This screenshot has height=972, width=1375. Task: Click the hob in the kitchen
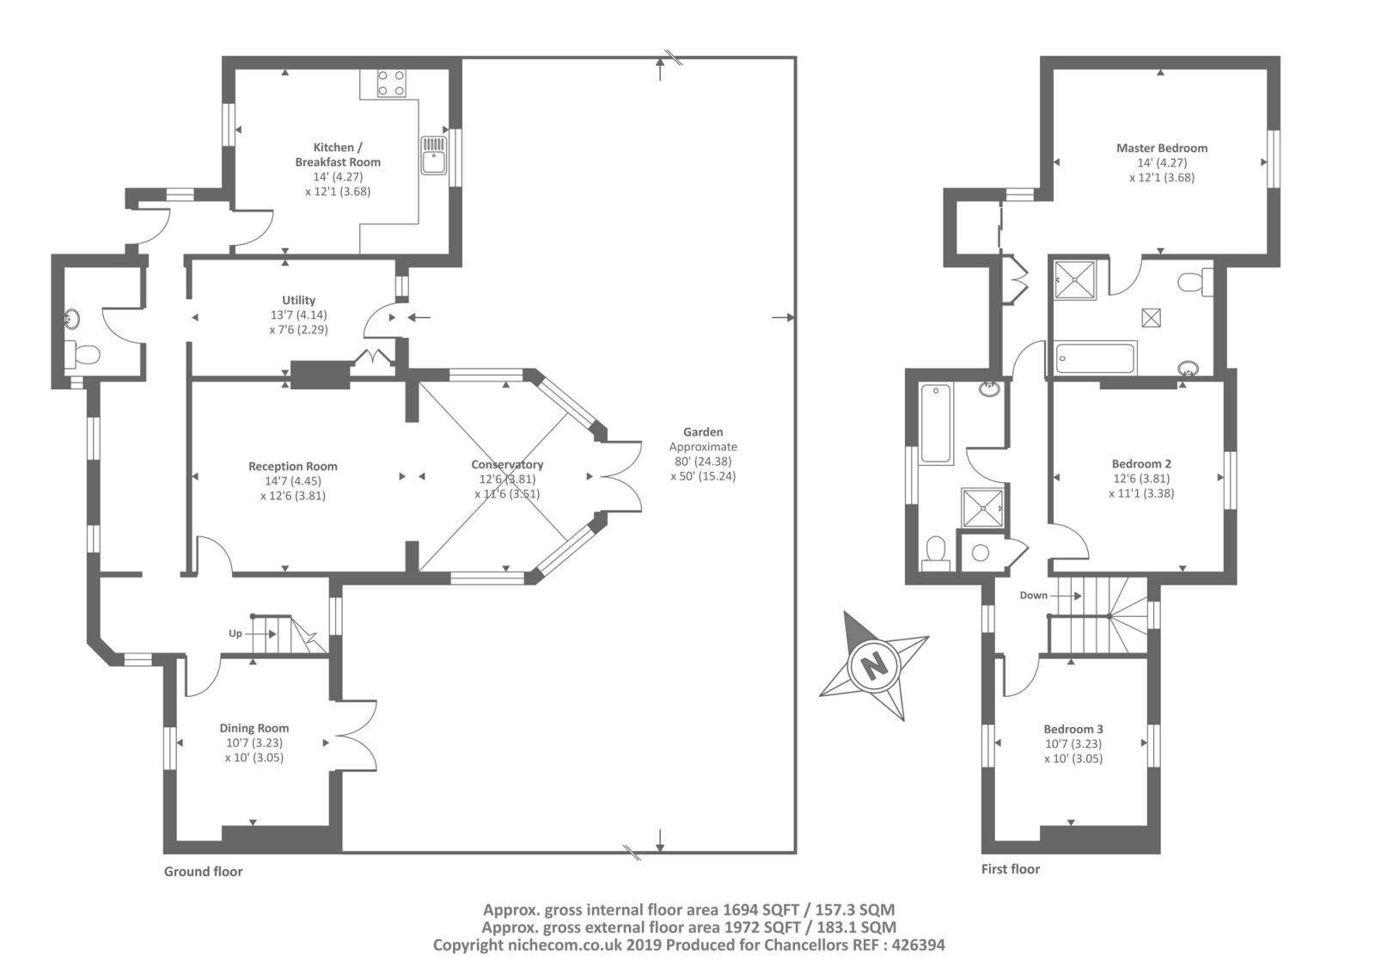pyautogui.click(x=391, y=83)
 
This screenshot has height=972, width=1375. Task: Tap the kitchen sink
pyautogui.click(x=433, y=155)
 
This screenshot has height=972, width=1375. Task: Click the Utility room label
pyautogui.click(x=298, y=300)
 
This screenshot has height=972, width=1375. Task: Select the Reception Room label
pyautogui.click(x=293, y=467)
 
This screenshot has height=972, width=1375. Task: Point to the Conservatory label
pyautogui.click(x=507, y=465)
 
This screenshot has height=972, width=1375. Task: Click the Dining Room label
pyautogui.click(x=254, y=728)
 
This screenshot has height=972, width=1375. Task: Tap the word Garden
pyautogui.click(x=703, y=432)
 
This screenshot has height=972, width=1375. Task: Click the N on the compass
pyautogui.click(x=873, y=664)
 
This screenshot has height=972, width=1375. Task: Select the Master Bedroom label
pyautogui.click(x=1162, y=148)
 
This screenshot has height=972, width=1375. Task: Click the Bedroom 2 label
pyautogui.click(x=1141, y=464)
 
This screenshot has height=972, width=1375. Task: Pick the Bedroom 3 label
pyautogui.click(x=1073, y=730)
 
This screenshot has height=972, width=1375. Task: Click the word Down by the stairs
pyautogui.click(x=1034, y=596)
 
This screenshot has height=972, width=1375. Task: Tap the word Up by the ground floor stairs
pyautogui.click(x=235, y=633)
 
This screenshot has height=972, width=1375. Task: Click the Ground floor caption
pyautogui.click(x=203, y=872)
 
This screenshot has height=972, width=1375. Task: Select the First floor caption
pyautogui.click(x=1011, y=870)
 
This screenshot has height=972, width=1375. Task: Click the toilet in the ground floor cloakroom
pyautogui.click(x=82, y=354)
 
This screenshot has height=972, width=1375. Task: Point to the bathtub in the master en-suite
pyautogui.click(x=1095, y=358)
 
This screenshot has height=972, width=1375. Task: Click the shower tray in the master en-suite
pyautogui.click(x=1075, y=281)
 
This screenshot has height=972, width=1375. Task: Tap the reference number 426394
pyautogui.click(x=918, y=945)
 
